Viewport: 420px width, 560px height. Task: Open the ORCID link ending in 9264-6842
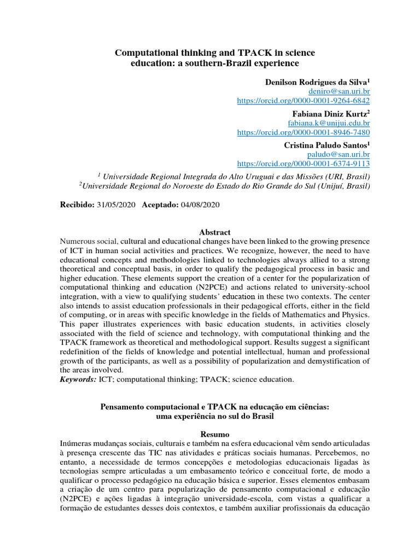click(303, 101)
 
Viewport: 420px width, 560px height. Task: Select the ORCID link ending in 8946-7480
click(303, 132)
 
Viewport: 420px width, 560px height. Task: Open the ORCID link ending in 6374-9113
click(303, 164)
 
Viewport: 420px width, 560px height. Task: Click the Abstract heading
click(215, 232)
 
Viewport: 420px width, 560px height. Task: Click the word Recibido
click(77, 205)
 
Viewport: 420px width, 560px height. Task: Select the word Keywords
click(78, 379)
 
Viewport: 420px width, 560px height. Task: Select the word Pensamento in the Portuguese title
click(122, 407)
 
